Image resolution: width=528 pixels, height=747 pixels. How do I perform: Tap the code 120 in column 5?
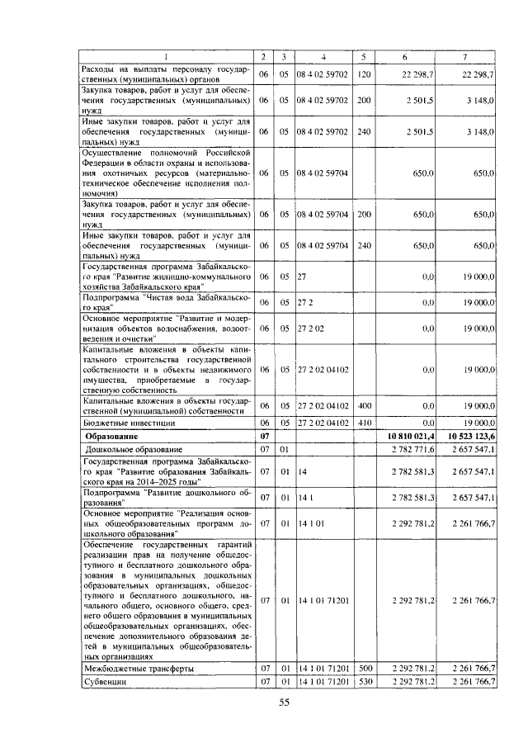coord(364,74)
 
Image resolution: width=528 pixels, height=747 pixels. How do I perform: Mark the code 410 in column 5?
coord(364,421)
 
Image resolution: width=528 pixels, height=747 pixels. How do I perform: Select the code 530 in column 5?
coord(364,682)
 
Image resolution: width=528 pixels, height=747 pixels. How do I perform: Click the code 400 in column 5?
coord(364,406)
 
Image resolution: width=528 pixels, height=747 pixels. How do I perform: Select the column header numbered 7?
coord(467,56)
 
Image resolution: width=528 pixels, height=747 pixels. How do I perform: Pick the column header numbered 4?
coord(324,56)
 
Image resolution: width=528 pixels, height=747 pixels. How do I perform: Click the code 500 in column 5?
coord(364,668)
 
